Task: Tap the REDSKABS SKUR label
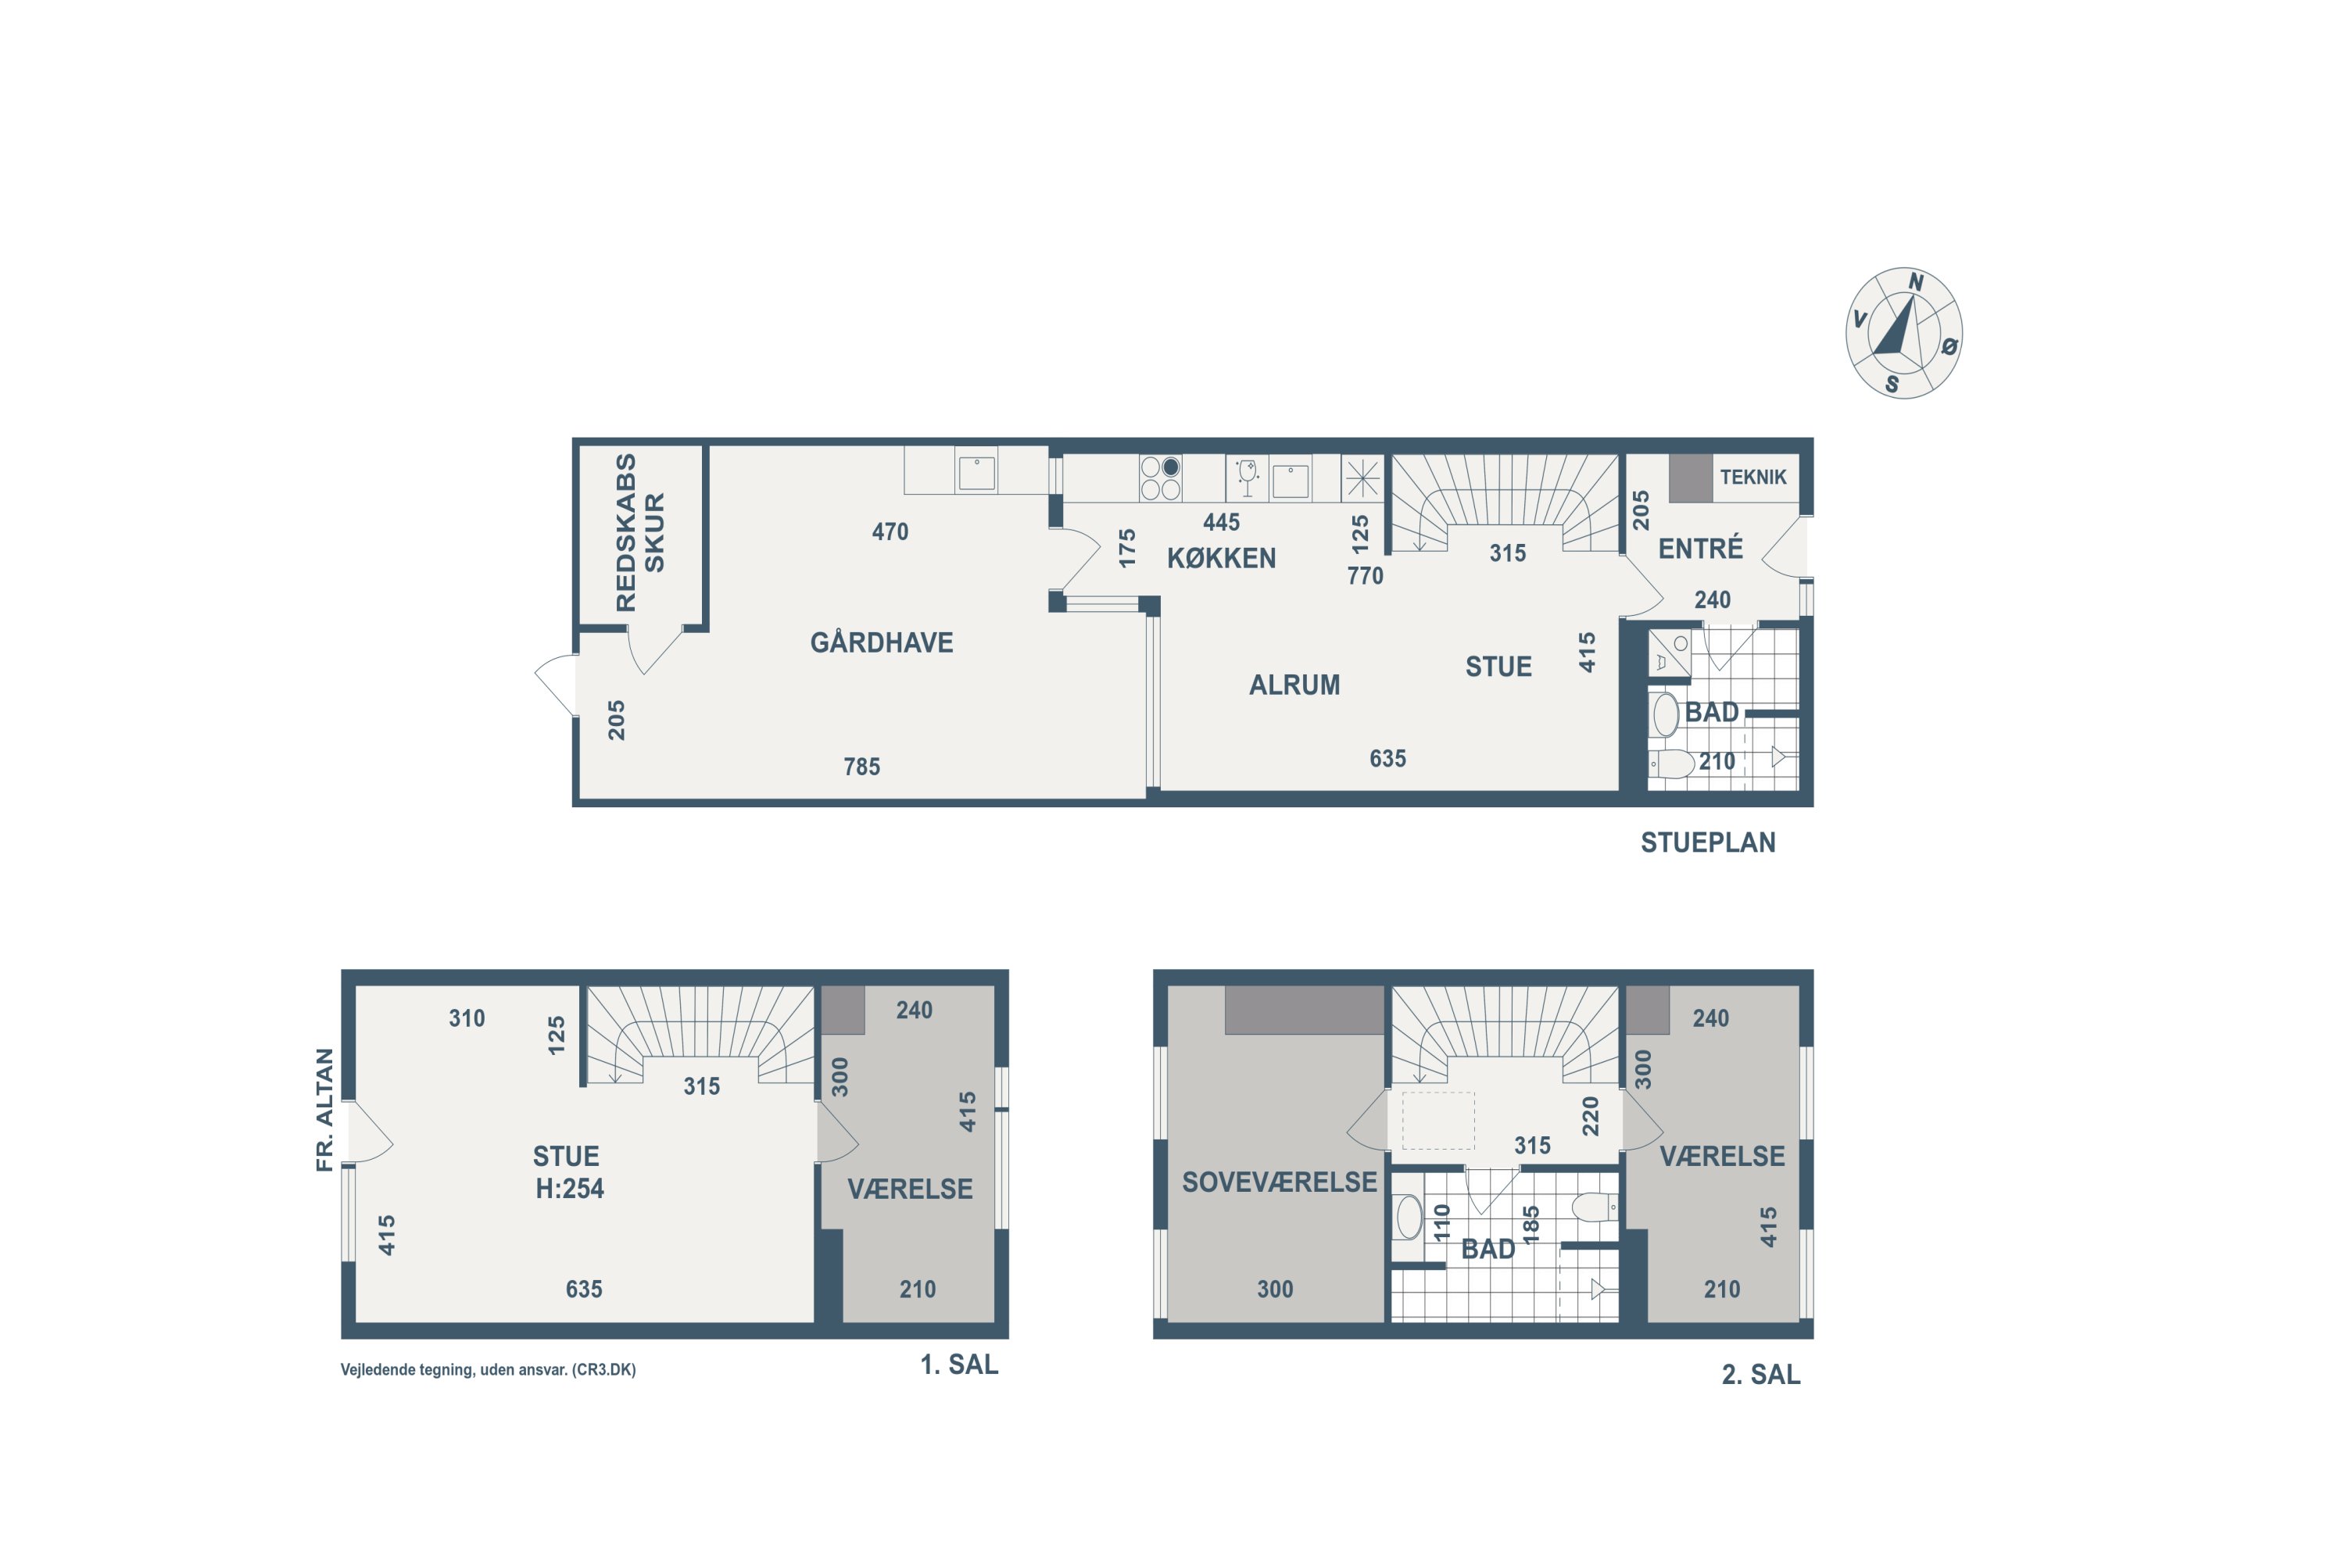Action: tap(639, 532)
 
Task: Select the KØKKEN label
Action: tap(1221, 558)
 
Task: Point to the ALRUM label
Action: tap(1294, 685)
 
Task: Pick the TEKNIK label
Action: tap(1752, 477)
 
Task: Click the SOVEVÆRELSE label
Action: tap(1279, 1182)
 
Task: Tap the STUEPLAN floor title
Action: tap(1708, 842)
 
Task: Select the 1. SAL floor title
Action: tap(958, 1364)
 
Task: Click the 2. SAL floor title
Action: tap(1761, 1375)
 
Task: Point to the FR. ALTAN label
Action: tap(325, 1110)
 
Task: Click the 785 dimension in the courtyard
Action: tap(861, 767)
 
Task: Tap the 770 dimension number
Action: tap(1365, 575)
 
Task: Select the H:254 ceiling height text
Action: tap(569, 1188)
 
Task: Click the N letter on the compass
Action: tap(1915, 283)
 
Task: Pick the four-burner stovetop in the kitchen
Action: tap(1161, 477)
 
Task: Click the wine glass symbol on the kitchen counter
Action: tap(1246, 477)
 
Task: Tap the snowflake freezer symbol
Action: tap(1362, 478)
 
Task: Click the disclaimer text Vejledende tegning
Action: tap(488, 1370)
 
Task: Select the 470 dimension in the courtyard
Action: tap(890, 531)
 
